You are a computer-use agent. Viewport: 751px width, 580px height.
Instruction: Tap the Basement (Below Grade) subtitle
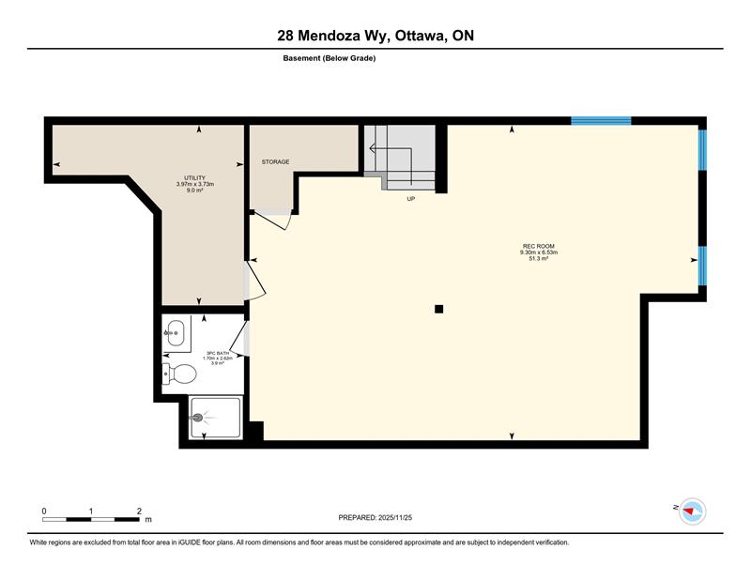[x=330, y=58]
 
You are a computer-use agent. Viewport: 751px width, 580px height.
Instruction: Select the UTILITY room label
[x=195, y=178]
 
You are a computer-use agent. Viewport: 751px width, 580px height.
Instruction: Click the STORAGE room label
[x=275, y=161]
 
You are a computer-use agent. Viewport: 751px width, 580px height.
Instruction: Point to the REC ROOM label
[x=539, y=246]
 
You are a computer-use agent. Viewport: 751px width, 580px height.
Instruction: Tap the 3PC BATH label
[x=218, y=353]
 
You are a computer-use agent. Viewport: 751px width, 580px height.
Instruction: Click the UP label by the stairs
[x=411, y=199]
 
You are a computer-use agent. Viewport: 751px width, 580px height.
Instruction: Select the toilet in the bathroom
[x=179, y=374]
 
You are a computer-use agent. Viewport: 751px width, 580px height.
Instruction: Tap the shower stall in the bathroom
[x=216, y=417]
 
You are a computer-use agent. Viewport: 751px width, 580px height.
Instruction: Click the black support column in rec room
[x=438, y=309]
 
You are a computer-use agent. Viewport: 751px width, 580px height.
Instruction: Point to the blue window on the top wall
[x=601, y=120]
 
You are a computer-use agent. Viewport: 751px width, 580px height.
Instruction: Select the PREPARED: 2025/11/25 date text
[x=375, y=518]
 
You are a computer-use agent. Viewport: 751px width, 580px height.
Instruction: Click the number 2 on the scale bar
[x=139, y=511]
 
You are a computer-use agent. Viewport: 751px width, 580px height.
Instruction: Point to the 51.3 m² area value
[x=539, y=258]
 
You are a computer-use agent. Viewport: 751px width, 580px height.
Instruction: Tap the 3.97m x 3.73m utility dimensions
[x=195, y=184]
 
